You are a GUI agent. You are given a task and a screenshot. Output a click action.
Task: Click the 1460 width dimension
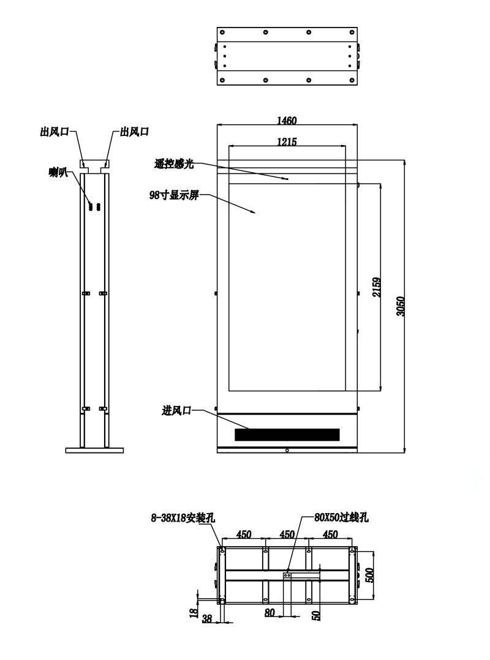(x=287, y=121)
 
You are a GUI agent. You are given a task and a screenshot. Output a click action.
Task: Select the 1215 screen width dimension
(x=287, y=142)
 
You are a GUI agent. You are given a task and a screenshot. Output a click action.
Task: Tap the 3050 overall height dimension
(x=401, y=306)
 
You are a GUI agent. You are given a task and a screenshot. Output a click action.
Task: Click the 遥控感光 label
(x=174, y=163)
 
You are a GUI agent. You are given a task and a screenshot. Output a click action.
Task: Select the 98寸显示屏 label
(x=174, y=195)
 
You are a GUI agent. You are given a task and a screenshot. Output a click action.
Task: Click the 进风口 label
(x=176, y=410)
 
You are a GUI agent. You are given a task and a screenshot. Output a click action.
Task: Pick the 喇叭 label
(x=59, y=171)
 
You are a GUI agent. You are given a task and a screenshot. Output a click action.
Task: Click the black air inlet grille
(x=287, y=435)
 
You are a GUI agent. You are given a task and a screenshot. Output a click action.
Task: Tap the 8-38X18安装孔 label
(x=183, y=518)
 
